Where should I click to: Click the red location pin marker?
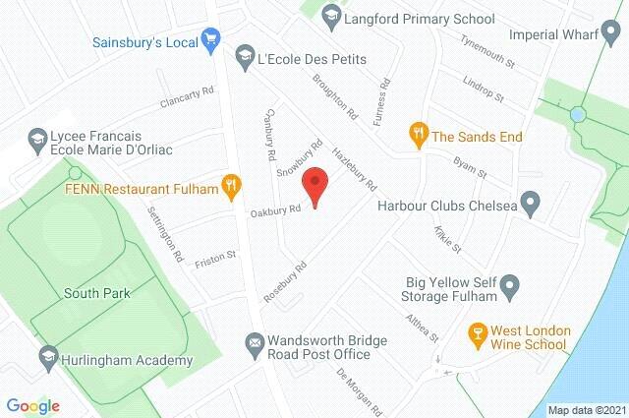pos(314,186)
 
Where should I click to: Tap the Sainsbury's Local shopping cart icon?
pos(210,40)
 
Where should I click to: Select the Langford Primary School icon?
pos(331,15)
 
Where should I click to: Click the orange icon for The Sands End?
pos(419,135)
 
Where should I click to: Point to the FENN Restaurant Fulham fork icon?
pos(231,183)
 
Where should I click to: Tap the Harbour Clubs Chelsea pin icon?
pos(531,206)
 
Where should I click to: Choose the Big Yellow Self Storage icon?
pos(510,287)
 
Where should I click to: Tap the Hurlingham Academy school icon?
pos(45,356)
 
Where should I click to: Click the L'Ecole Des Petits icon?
pos(244,58)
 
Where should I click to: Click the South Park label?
pos(97,293)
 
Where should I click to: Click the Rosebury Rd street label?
pos(285,281)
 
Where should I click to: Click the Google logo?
pos(33,405)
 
